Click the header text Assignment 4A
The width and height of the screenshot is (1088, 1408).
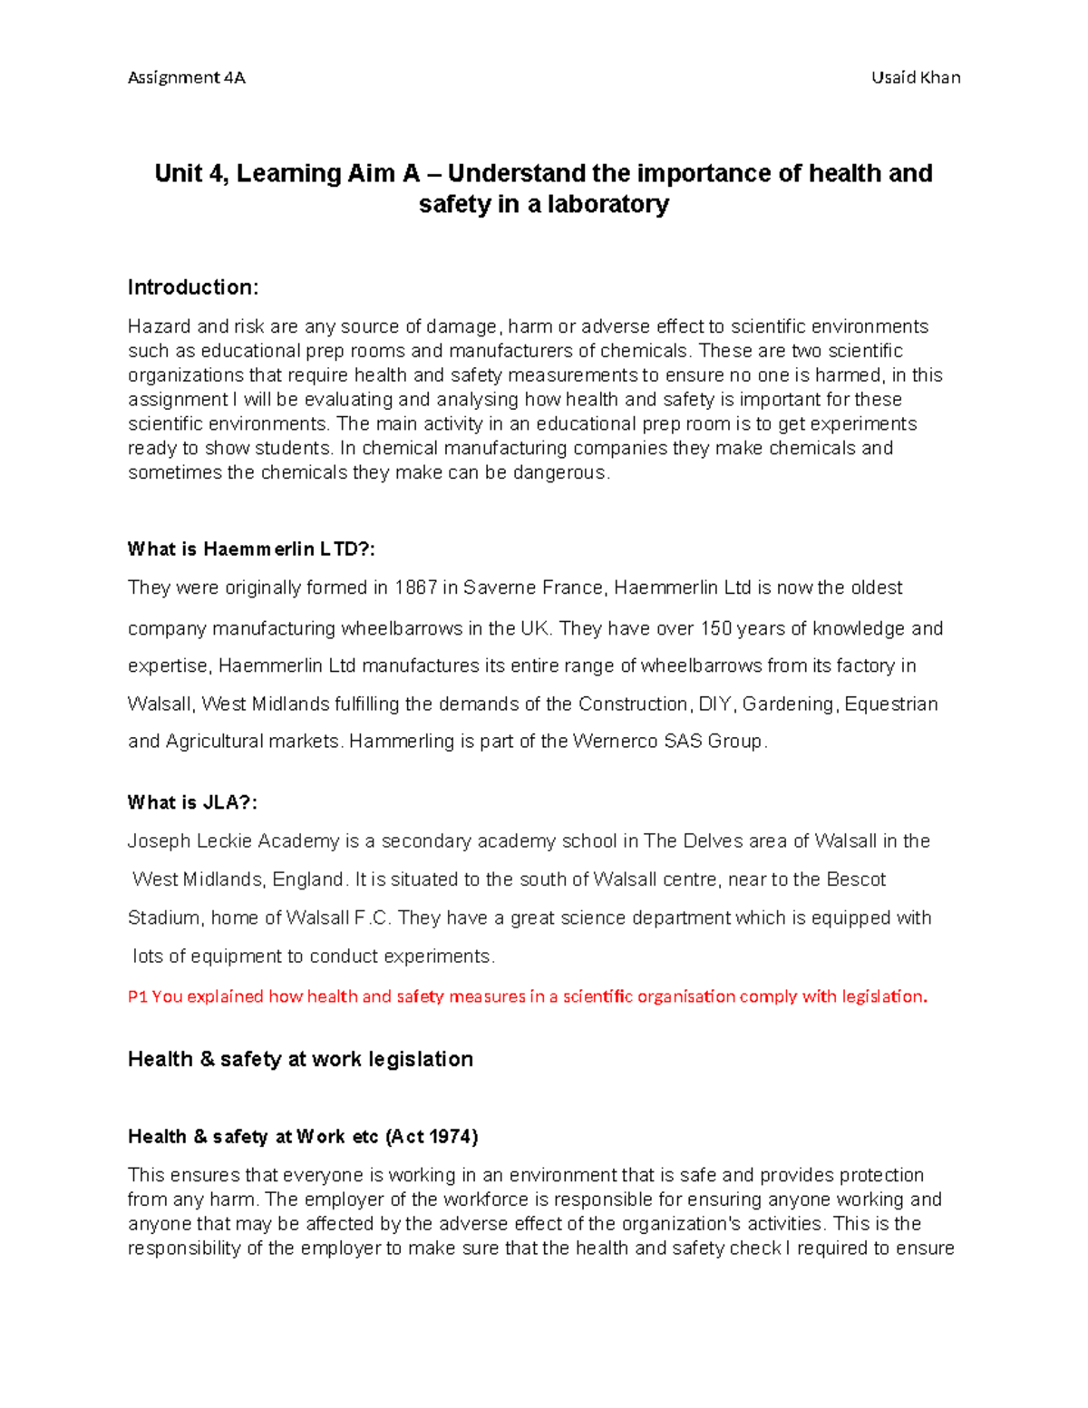(186, 77)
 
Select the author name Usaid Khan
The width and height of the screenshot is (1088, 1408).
(916, 77)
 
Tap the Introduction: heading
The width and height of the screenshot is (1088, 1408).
(193, 287)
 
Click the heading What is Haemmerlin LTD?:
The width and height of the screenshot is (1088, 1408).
(251, 549)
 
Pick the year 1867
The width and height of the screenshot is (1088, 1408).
(416, 587)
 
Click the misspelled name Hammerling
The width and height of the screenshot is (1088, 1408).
(402, 741)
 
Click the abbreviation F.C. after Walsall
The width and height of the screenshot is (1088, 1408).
(373, 918)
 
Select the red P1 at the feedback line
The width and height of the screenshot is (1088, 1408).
(138, 996)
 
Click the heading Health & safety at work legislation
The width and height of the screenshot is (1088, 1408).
(300, 1059)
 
